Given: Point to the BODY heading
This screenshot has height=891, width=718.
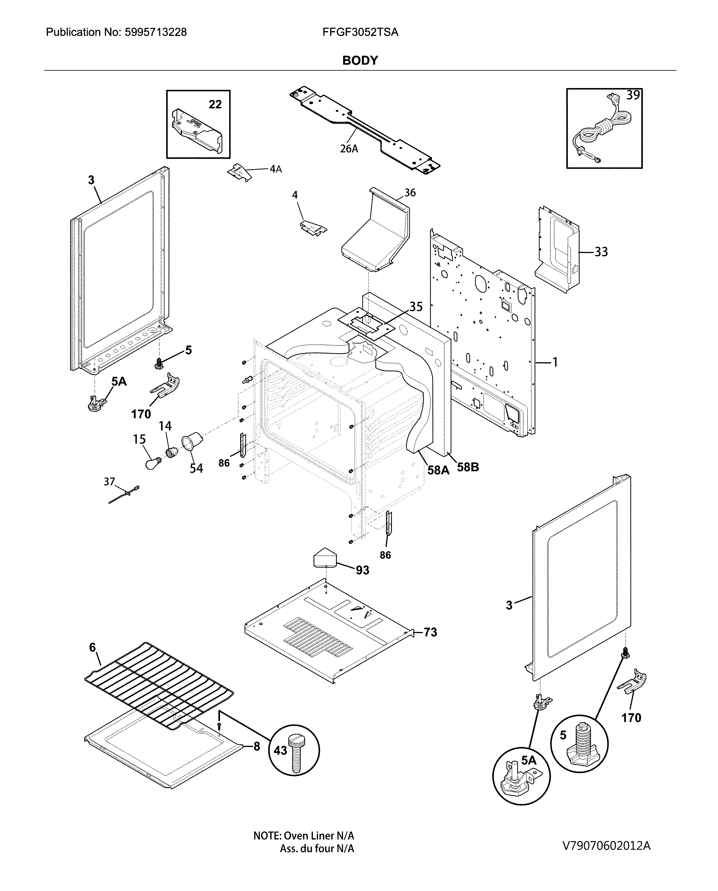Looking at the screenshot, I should click(360, 61).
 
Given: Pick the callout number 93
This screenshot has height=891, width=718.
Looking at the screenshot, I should click(362, 570).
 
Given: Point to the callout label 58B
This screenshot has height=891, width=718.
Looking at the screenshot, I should click(468, 467).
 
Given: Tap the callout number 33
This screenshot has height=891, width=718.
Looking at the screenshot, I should click(601, 252).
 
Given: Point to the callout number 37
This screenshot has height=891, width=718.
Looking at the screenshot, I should click(109, 482).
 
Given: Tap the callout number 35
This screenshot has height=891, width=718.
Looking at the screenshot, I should click(416, 306).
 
